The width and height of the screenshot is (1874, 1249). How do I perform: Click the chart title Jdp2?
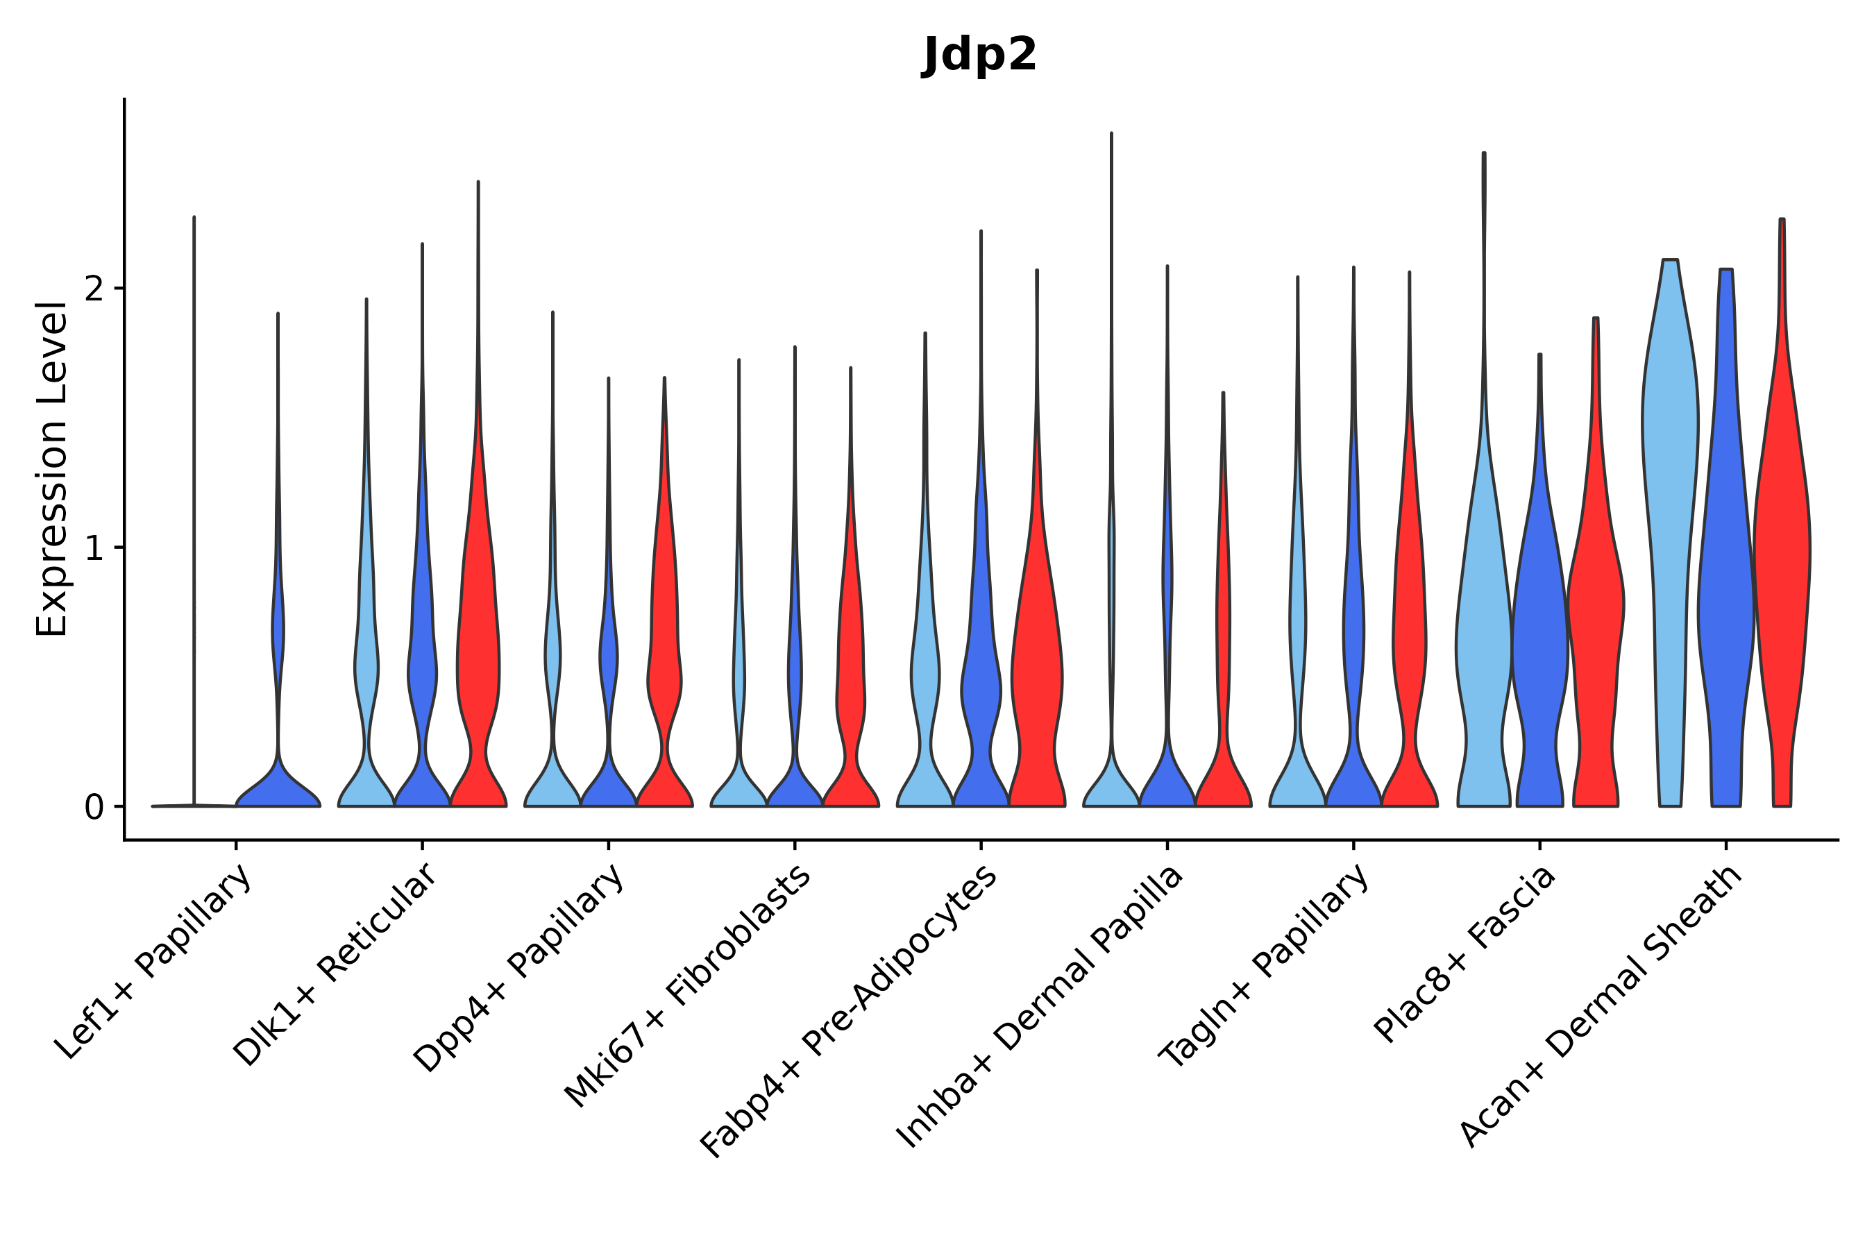[979, 56]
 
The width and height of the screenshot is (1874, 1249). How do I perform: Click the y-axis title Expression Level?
[52, 469]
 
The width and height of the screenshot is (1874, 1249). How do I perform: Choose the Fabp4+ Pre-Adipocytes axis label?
[850, 1011]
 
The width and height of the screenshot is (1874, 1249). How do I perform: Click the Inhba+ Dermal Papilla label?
[1040, 1007]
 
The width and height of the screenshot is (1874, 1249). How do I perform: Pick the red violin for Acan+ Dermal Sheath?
[1782, 558]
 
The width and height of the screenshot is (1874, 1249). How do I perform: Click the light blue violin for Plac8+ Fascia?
[1484, 637]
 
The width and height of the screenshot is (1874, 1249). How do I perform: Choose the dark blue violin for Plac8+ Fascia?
[1539, 637]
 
